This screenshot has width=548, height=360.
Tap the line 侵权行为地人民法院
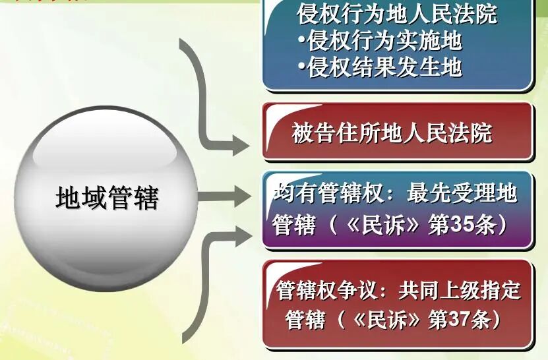[x=397, y=14]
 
